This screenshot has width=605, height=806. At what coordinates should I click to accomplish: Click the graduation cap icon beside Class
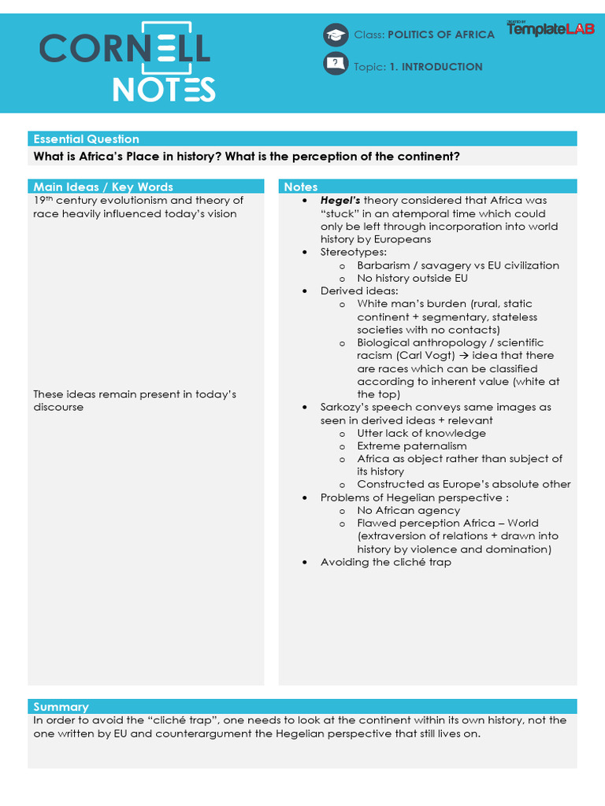336,35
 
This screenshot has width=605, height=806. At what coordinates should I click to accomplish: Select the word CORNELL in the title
125,50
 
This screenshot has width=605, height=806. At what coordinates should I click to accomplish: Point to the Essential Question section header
86,139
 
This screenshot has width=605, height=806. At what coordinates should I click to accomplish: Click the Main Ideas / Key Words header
103,187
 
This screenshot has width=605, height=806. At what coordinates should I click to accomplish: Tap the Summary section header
61,707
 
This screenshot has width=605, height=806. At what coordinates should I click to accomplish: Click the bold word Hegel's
340,201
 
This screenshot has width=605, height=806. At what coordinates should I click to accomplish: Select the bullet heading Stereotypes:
353,252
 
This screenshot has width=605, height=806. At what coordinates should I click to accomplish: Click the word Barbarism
384,265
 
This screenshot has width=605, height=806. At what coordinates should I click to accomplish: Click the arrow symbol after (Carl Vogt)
467,356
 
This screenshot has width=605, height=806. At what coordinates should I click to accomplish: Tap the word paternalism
438,446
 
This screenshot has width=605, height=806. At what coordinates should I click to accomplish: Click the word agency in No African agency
440,511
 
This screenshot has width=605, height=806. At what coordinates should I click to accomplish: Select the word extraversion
395,536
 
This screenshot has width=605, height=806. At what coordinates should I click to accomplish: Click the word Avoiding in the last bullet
343,562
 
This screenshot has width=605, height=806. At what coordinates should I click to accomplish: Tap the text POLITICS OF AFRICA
442,35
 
